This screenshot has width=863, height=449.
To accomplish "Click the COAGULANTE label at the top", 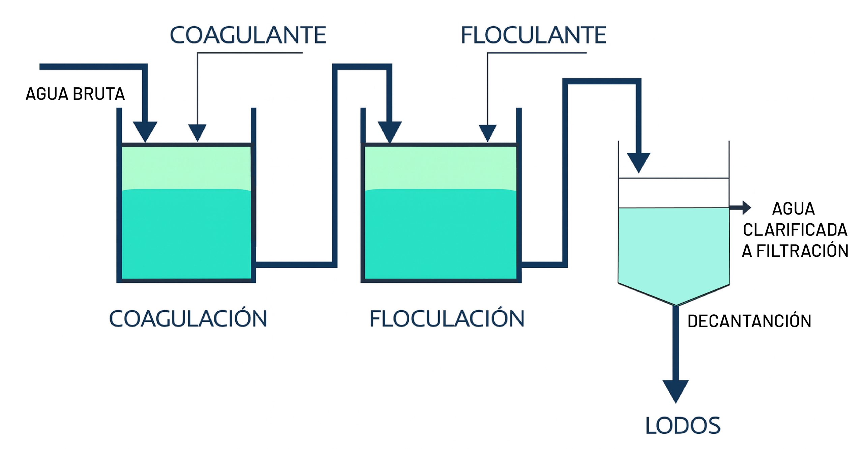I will tap(248, 35).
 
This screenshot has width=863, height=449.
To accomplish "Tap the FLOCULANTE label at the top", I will tap(533, 35).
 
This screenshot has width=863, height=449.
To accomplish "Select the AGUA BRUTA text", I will tap(75, 94).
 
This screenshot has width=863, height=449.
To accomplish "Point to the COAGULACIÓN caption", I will tap(188, 318).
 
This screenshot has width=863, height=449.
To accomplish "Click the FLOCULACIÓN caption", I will tap(447, 318).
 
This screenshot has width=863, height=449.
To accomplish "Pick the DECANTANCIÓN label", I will tap(749, 321).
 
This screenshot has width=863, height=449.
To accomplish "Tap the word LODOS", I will tap(683, 425).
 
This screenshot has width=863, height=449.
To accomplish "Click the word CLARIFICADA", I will tap(795, 230).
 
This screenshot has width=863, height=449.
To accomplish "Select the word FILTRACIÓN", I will tap(802, 251).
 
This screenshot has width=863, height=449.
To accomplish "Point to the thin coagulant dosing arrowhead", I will tap(197, 132).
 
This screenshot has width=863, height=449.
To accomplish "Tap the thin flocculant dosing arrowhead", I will tap(487, 133).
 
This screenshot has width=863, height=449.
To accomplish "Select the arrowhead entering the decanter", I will tap(638, 162).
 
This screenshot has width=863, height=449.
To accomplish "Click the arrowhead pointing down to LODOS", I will tap(676, 391).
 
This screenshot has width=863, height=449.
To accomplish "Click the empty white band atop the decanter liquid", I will tap(674, 193).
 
